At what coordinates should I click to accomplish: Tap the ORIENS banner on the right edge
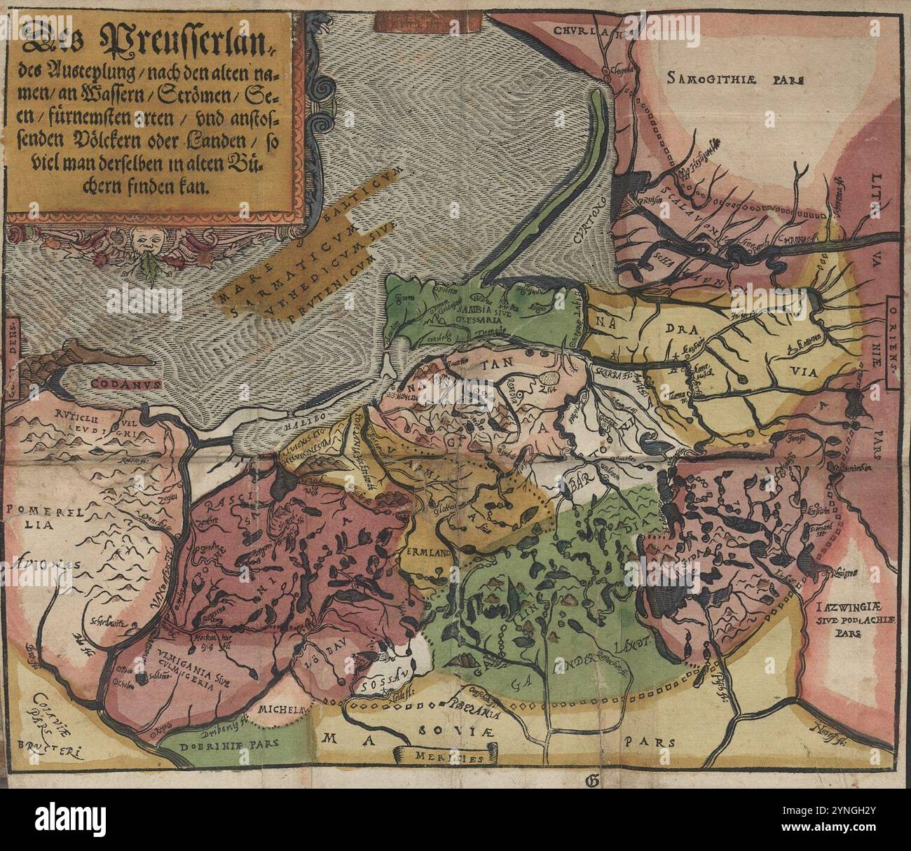pyautogui.click(x=896, y=339)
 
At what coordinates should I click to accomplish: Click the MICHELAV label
pyautogui.click(x=282, y=710)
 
